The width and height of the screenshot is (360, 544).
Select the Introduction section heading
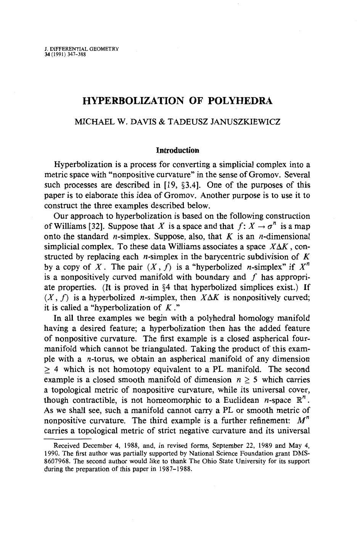coord(180,150)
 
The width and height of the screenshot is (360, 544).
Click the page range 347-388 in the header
coord(76,54)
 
